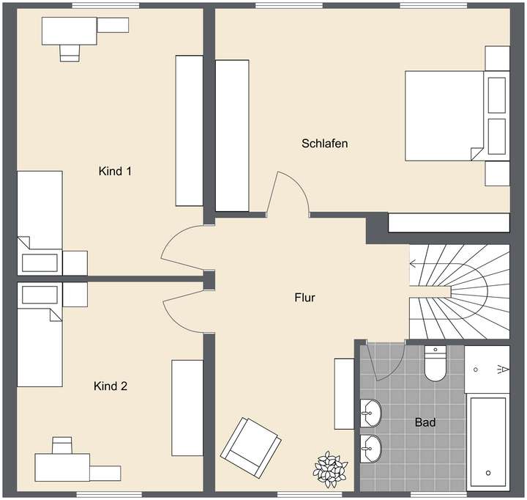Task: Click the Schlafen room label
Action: pos(324,143)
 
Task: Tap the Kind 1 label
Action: pos(115,172)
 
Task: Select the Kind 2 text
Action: pos(111,386)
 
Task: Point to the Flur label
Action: pos(304,298)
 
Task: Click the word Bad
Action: pos(425,422)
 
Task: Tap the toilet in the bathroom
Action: pos(435,364)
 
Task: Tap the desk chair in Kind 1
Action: pos(70,51)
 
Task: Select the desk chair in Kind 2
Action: pos(62,445)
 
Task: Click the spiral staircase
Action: pos(457,290)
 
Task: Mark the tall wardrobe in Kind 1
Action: pos(188,130)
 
